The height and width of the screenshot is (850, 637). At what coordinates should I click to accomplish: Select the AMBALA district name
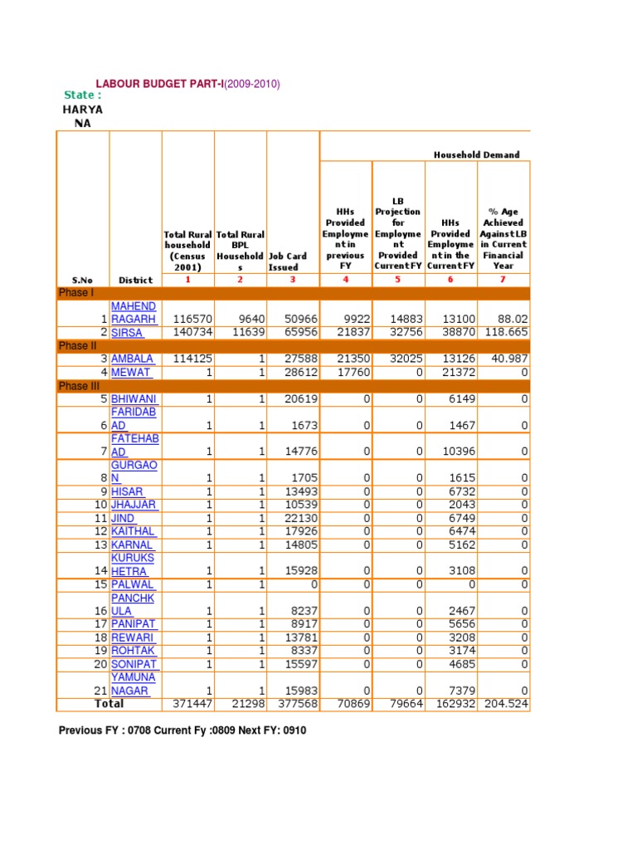pos(133,359)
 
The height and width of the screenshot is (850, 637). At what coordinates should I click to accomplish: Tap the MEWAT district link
pos(131,372)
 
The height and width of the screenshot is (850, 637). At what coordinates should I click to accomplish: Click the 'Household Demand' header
pos(477,154)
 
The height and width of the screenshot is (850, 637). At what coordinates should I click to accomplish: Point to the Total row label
pos(109,704)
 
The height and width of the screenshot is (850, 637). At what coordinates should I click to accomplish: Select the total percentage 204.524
pos(505,704)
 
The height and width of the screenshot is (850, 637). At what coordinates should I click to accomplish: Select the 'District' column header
pos(135,280)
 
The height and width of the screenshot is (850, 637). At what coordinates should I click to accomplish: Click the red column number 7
pos(503,280)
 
